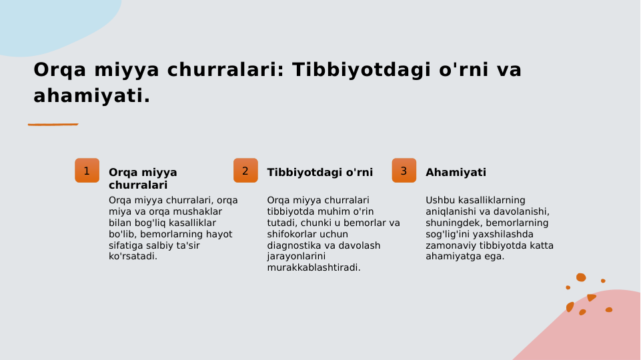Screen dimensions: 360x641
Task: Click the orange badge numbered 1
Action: coord(87,171)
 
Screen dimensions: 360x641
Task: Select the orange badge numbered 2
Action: coord(245,171)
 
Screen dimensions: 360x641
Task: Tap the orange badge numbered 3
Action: coord(404,171)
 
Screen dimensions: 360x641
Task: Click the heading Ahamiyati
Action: coord(456,173)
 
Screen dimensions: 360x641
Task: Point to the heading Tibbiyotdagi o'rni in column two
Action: coord(319,173)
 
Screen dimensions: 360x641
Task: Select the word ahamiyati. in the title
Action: coord(91,96)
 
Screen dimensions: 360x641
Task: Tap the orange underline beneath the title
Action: coord(53,124)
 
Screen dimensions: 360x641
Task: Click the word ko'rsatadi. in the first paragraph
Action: coord(133,257)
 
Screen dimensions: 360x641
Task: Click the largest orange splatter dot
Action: coord(581,277)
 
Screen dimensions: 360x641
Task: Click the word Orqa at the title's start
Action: coord(60,70)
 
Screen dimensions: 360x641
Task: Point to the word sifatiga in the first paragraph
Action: coord(127,245)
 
